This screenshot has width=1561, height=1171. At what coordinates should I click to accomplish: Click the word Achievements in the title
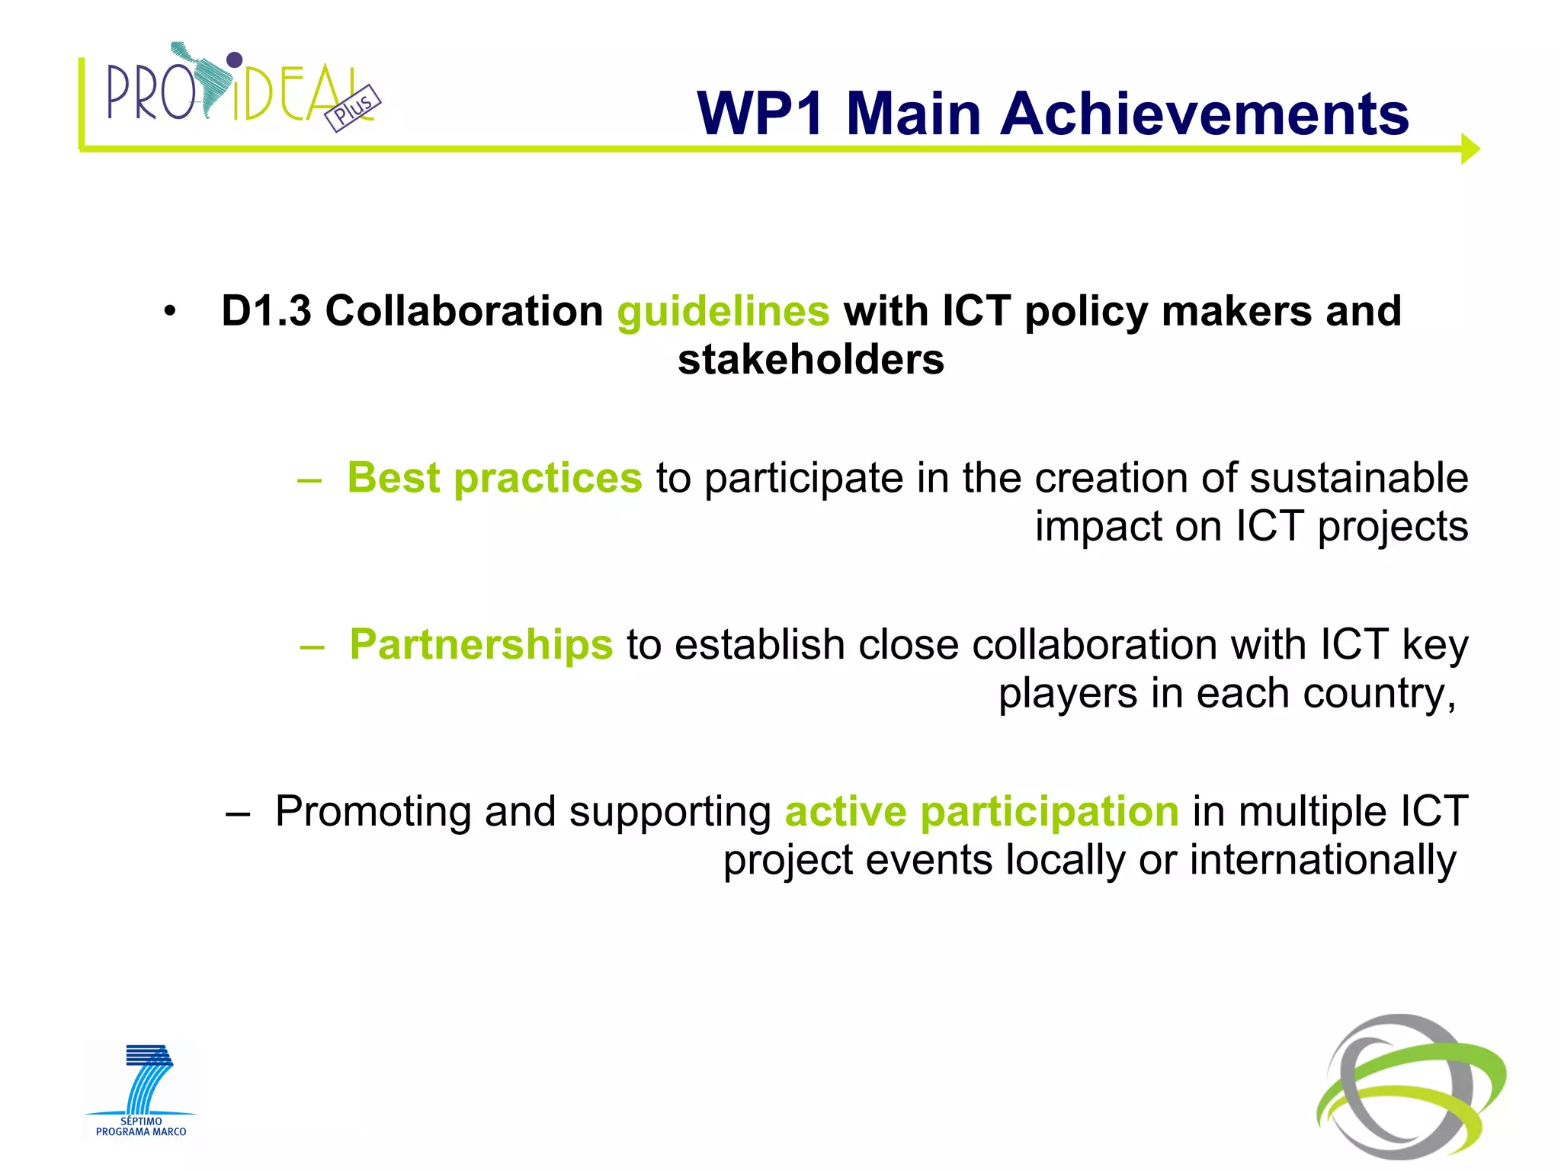(x=1204, y=114)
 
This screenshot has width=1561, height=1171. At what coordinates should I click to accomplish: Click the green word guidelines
(x=723, y=311)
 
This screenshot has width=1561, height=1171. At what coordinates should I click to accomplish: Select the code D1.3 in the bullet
(x=266, y=311)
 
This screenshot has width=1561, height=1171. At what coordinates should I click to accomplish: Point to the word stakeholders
(x=810, y=360)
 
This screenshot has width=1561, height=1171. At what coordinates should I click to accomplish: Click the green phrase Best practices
(x=495, y=478)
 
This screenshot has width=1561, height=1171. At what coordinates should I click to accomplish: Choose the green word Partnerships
(x=480, y=644)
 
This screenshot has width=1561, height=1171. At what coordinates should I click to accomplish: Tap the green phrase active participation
(x=982, y=810)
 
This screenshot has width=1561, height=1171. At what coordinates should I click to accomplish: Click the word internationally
(x=1322, y=860)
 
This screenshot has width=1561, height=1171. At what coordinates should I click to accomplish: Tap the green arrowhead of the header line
(x=1470, y=149)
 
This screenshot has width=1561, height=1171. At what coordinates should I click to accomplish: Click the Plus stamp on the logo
(x=353, y=108)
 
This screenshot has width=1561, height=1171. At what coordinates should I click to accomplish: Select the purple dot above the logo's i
(x=235, y=59)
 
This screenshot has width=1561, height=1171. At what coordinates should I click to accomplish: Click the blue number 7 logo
(x=148, y=1078)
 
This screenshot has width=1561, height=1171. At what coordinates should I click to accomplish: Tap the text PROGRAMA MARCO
(x=141, y=1132)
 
